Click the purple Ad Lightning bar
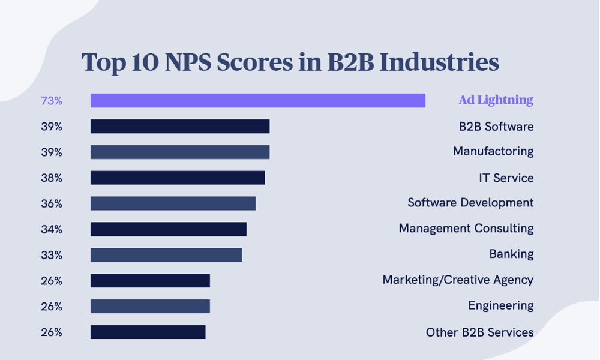[258, 101]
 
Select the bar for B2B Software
[180, 127]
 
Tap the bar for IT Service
[178, 178]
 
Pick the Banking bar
[166, 254]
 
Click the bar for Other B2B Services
[148, 332]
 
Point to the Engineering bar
[150, 306]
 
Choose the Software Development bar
[173, 203]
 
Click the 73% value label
[52, 101]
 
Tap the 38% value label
[52, 178]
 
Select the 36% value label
[52, 204]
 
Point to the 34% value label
[52, 229]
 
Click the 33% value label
[52, 255]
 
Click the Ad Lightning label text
[496, 100]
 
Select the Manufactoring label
[493, 151]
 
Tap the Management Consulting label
[466, 229]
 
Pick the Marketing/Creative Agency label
[458, 280]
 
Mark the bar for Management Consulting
[169, 229]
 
